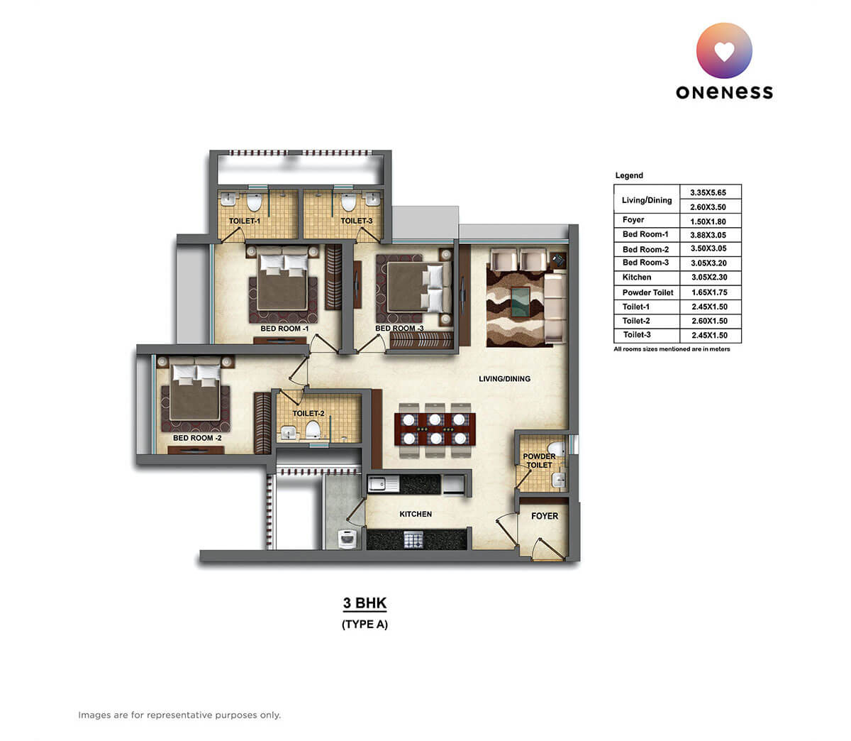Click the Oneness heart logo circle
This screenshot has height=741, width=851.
pos(724,50)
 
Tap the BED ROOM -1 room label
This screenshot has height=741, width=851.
pos(284,329)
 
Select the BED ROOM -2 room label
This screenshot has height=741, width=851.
pos(197,438)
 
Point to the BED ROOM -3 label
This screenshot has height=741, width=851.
pos(399,328)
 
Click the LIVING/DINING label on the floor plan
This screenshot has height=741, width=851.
pos(504,378)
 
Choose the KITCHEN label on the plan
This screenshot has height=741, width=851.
pos(416,514)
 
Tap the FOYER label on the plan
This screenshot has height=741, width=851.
pos(545,516)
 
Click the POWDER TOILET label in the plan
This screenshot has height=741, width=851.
pos(539,461)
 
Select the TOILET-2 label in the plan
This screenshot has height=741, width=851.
pos(308,413)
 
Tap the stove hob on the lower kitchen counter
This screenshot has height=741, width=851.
pos(413,539)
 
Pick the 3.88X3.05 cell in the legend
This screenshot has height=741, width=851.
pos(709,235)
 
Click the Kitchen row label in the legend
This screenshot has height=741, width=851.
pos(637,278)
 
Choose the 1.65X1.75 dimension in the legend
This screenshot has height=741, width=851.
pos(709,292)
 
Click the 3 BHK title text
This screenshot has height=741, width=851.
pos(365,603)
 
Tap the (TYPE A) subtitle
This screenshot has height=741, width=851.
pos(365,625)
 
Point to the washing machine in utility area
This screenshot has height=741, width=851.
pos(346,539)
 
